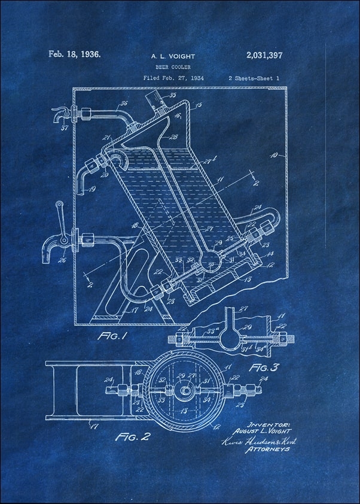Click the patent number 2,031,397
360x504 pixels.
click(x=264, y=56)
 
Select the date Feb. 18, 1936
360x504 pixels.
click(x=75, y=54)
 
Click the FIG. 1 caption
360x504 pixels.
click(x=112, y=336)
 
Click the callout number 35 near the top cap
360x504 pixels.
click(x=173, y=95)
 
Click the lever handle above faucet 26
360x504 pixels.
click(x=60, y=212)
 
